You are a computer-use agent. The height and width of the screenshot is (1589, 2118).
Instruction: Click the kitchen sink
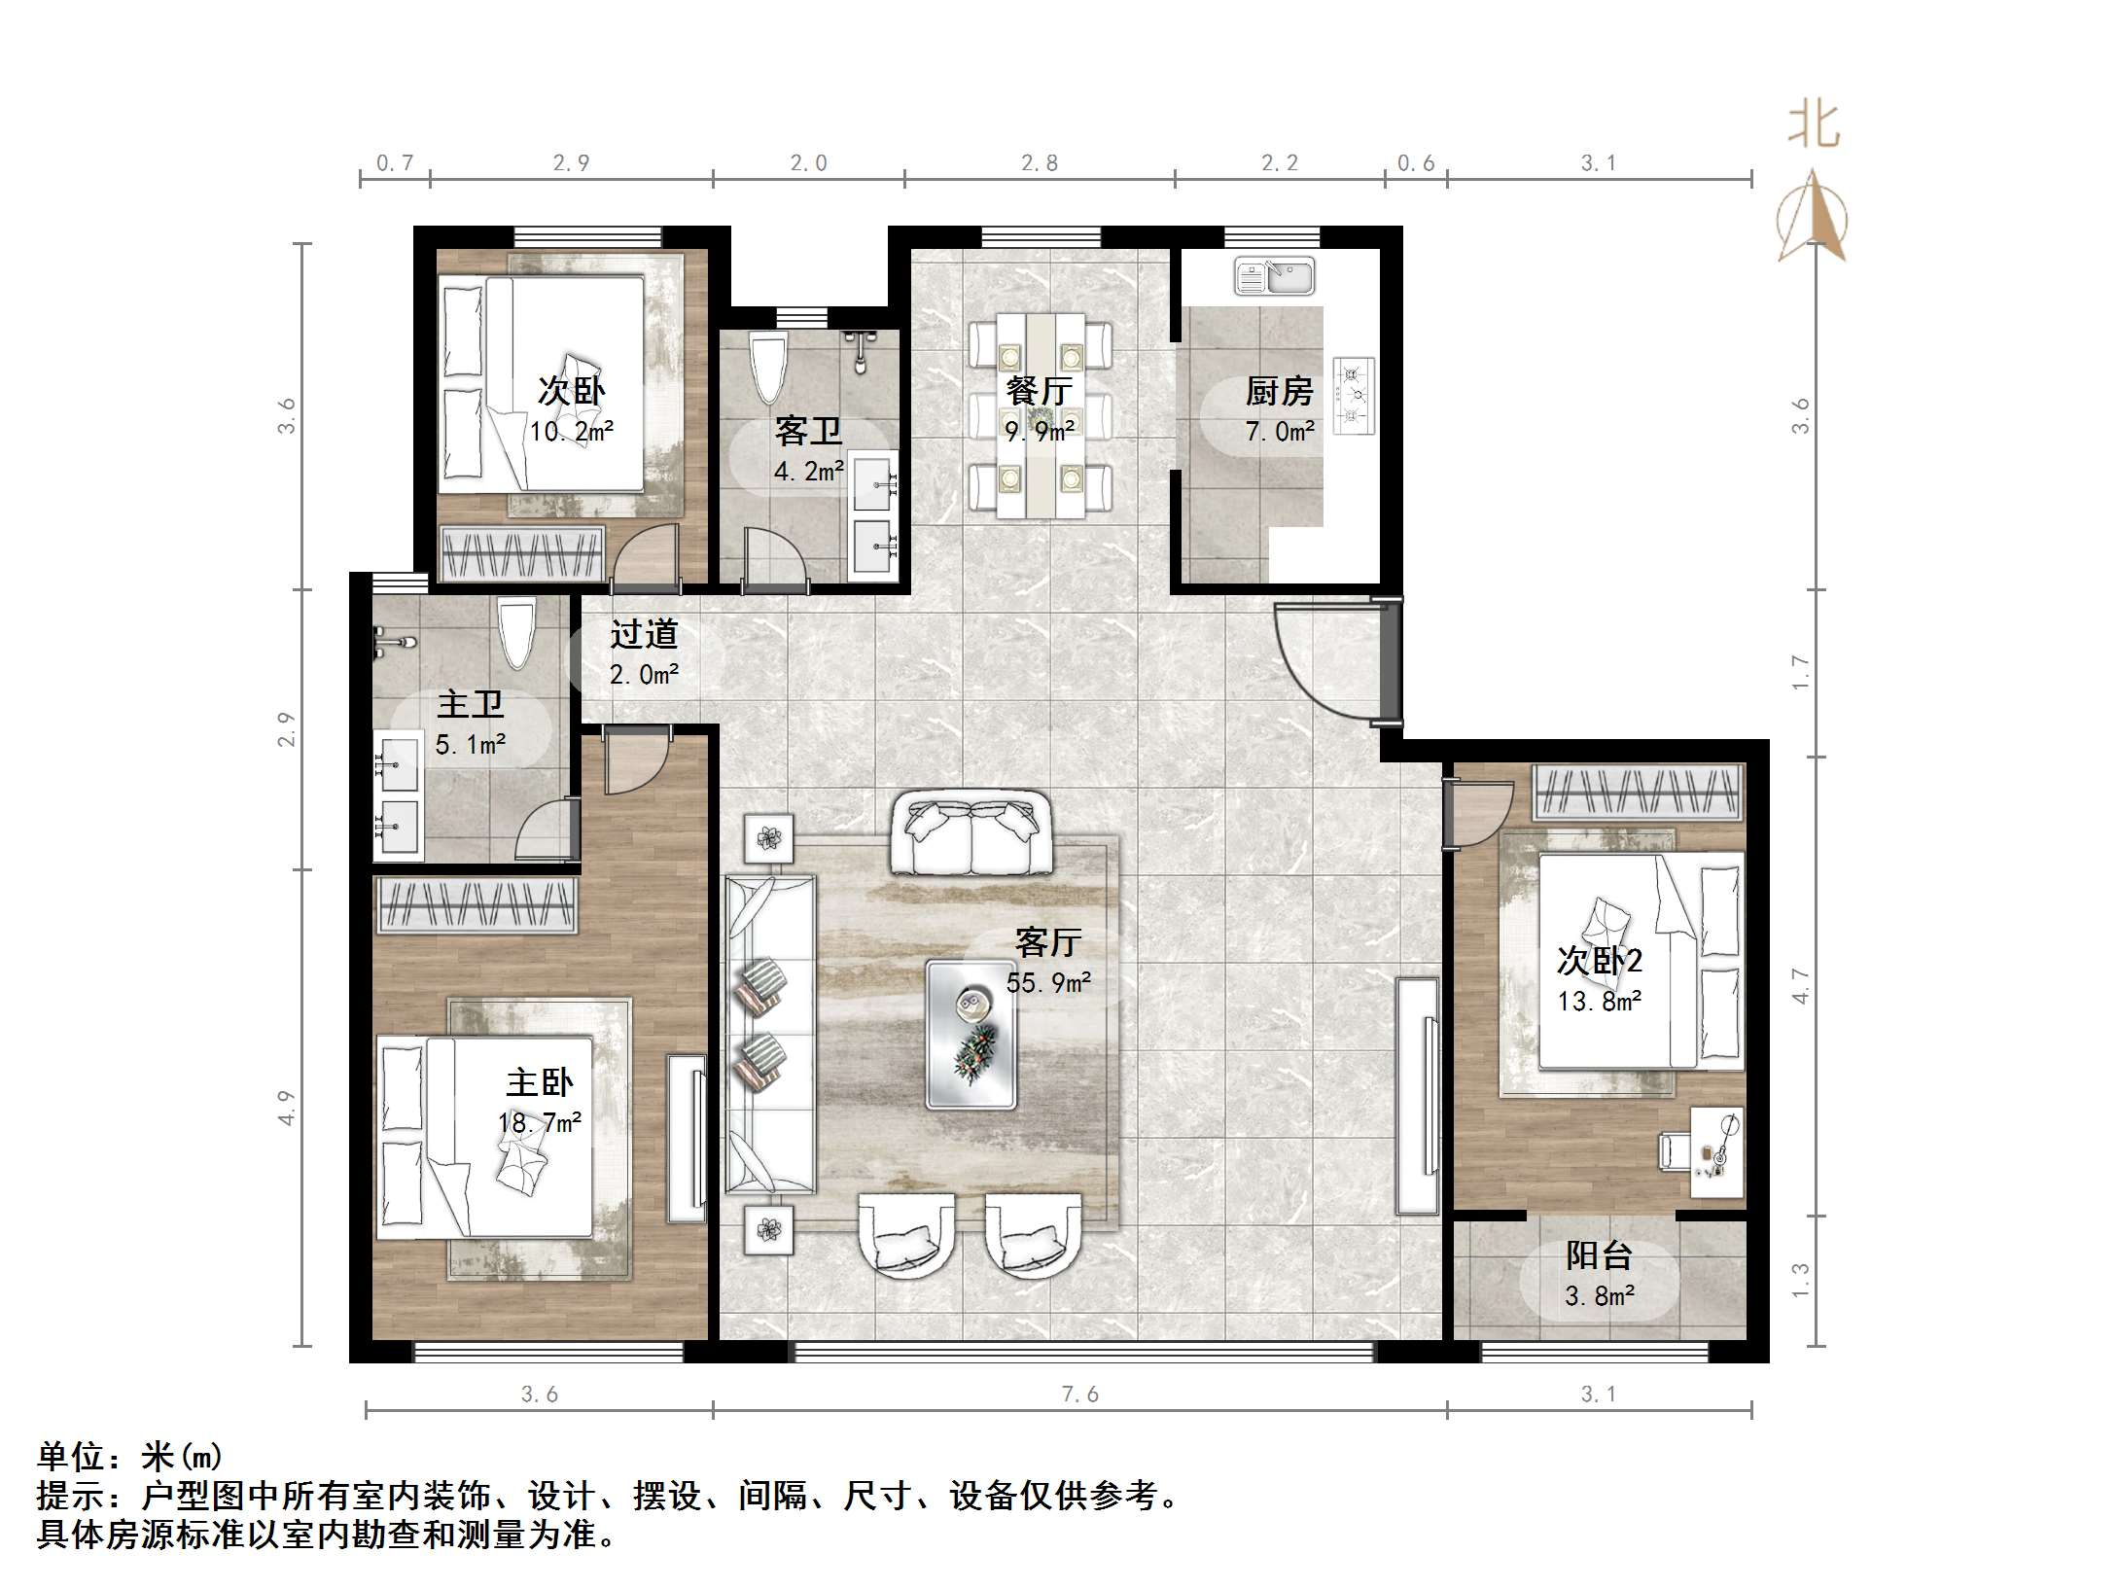1274,276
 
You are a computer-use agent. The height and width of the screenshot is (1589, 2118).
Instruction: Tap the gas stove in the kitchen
1354,395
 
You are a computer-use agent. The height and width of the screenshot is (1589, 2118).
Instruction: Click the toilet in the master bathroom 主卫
516,632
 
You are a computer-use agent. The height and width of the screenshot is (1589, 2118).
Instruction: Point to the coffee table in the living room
971,1035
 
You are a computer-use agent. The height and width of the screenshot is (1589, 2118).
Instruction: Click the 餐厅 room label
1039,391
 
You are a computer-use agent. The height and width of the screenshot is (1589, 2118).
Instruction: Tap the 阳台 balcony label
1599,1255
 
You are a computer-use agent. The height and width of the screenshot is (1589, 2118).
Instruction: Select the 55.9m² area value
1048,982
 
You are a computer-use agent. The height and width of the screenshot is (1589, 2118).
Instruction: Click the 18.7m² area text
540,1123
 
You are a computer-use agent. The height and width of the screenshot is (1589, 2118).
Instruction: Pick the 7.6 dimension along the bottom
1080,1395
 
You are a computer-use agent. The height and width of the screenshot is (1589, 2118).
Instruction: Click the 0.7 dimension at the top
395,162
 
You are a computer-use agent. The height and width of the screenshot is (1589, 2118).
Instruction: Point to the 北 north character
1813,126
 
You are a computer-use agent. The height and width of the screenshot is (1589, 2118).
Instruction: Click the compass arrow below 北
1812,216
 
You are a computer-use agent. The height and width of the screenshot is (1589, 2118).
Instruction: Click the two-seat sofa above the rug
971,833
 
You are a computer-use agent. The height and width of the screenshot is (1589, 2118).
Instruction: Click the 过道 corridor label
644,634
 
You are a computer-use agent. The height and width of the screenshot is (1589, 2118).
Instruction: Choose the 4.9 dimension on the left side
285,1108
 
